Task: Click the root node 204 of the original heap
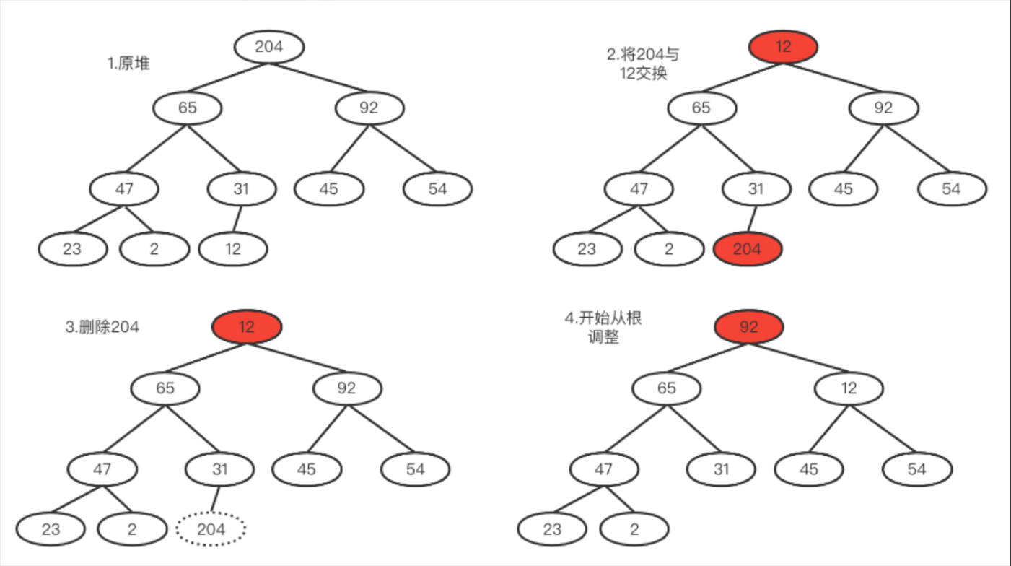[x=269, y=47]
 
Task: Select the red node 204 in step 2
[x=747, y=249]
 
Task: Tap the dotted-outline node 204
[x=211, y=529]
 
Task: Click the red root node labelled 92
[x=749, y=327]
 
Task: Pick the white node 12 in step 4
[x=849, y=388]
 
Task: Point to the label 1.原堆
[x=128, y=64]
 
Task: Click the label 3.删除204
[x=102, y=327]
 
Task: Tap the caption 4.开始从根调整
[x=603, y=327]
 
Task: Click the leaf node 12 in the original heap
[x=233, y=249]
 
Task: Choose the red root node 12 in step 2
[x=784, y=47]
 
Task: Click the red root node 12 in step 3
[x=247, y=327]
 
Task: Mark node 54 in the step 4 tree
[x=916, y=469]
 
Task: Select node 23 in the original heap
[x=72, y=249]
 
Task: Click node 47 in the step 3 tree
[x=102, y=469]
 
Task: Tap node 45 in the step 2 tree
[x=843, y=189]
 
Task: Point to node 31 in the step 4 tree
[x=722, y=469]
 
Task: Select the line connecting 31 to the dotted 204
[x=215, y=500]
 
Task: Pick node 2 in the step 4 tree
[x=634, y=529]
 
